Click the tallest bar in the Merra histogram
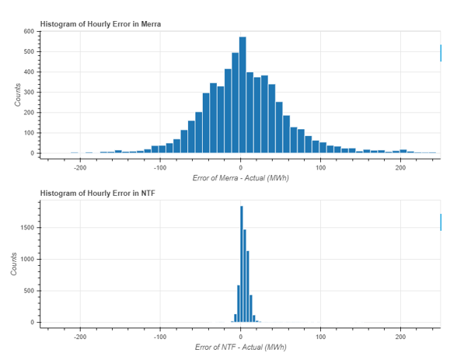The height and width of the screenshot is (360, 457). [242, 95]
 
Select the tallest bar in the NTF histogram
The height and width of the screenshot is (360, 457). [242, 264]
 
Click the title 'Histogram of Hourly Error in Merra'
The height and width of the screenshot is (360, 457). [100, 24]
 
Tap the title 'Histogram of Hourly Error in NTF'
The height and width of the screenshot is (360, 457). [98, 193]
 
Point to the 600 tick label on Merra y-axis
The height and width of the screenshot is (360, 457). [29, 31]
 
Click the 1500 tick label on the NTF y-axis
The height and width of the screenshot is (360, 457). [27, 228]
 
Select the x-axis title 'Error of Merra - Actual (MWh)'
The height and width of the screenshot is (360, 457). [240, 178]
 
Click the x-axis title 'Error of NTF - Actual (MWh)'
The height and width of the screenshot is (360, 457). [240, 347]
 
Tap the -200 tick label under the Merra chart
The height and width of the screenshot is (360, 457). [80, 168]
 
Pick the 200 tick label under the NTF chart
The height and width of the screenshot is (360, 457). [400, 337]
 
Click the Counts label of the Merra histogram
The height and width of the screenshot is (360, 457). [18, 95]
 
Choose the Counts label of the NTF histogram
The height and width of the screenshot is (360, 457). [14, 264]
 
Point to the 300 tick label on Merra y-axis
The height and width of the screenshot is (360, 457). [29, 92]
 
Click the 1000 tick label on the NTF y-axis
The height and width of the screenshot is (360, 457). [27, 259]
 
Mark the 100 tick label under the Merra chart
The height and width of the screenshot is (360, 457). [320, 168]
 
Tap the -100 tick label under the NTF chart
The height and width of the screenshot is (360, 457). [160, 337]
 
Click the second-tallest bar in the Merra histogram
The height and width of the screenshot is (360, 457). [235, 103]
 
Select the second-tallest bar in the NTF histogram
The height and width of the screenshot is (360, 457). [245, 276]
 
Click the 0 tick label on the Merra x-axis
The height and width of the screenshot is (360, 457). [240, 168]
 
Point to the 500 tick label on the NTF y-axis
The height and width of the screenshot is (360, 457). [29, 291]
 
